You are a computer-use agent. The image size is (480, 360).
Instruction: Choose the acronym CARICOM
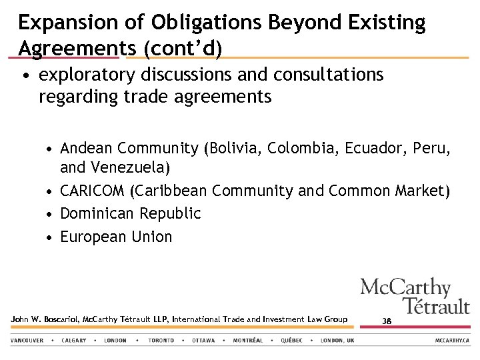click(92, 191)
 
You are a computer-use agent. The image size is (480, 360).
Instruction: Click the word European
click(93, 237)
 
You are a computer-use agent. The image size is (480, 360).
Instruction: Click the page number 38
click(387, 321)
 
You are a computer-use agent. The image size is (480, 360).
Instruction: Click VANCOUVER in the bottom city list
click(27, 340)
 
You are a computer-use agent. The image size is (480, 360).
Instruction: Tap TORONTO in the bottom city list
click(161, 340)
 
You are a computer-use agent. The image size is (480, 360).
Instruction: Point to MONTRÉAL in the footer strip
click(248, 340)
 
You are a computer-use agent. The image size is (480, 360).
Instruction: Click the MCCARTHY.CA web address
click(453, 340)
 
